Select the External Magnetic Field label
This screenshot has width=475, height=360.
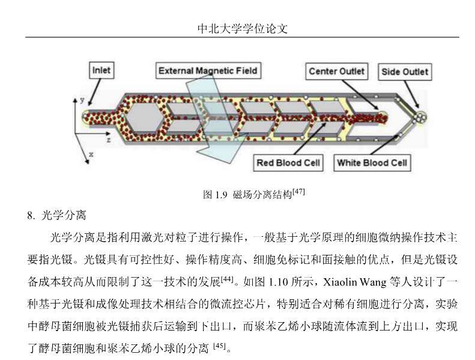point(208,71)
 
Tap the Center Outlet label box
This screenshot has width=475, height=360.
point(336,72)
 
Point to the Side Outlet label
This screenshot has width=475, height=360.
point(405,72)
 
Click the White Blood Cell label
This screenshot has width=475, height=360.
point(372,163)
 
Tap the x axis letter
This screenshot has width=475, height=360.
point(91,154)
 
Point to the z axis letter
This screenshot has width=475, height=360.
point(108,139)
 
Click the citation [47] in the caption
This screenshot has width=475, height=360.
point(298,192)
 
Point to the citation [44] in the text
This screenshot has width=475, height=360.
point(228,279)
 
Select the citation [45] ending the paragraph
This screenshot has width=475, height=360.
point(222,346)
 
